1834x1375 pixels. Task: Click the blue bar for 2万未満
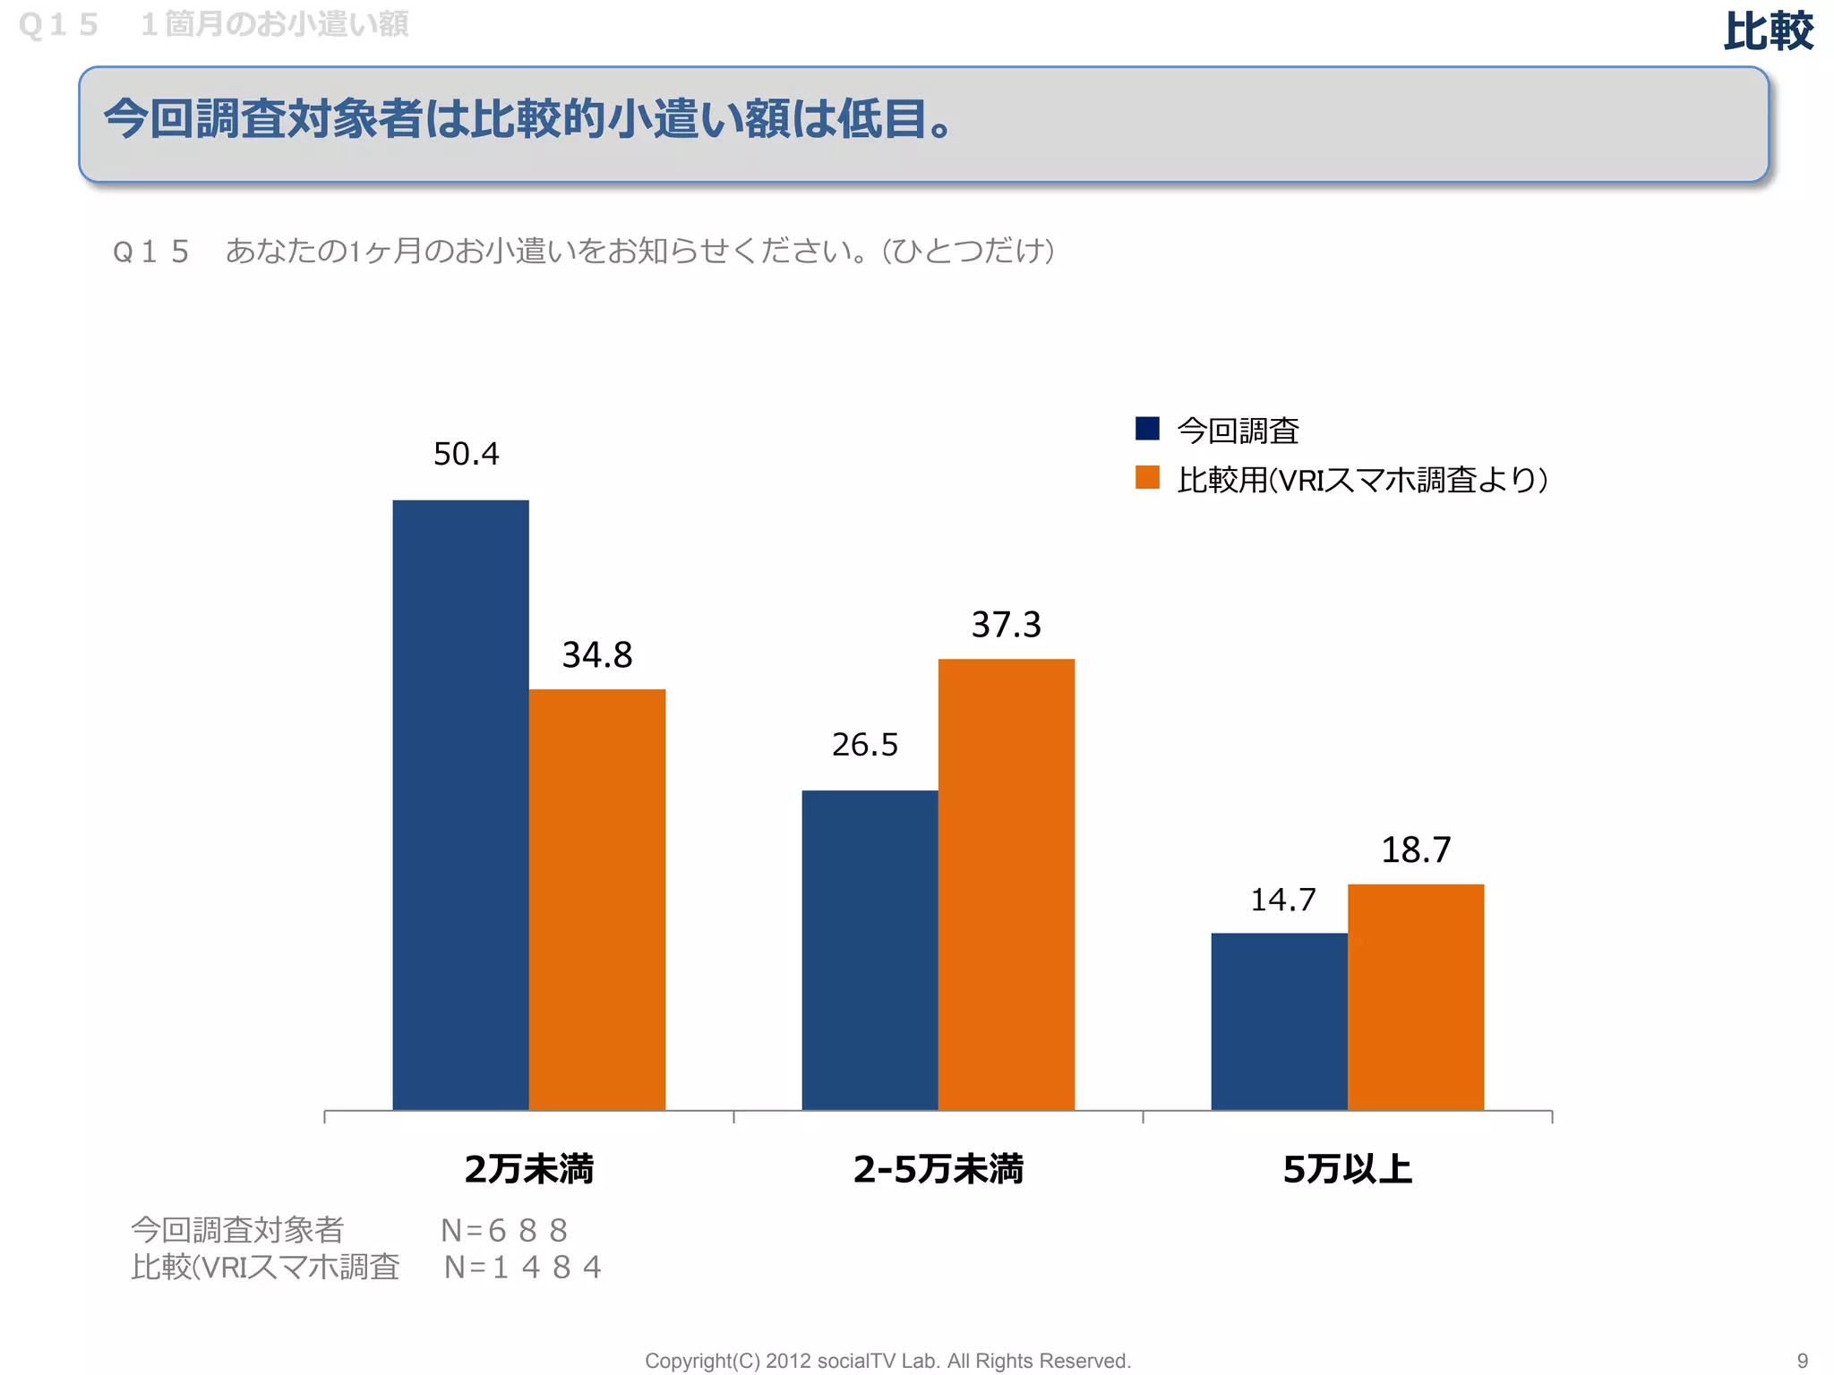click(x=460, y=805)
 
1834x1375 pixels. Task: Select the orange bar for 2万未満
click(x=597, y=899)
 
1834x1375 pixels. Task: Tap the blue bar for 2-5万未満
click(x=870, y=950)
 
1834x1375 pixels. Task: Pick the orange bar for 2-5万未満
click(x=1006, y=884)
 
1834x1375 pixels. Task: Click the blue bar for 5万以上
click(x=1279, y=1021)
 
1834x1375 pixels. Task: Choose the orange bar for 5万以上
click(x=1415, y=996)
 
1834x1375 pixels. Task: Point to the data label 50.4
click(x=466, y=454)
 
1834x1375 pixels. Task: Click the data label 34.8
click(x=597, y=655)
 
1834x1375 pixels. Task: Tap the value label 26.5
click(x=864, y=745)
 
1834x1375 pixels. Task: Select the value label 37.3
click(x=1006, y=625)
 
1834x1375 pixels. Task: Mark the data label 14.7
click(x=1282, y=900)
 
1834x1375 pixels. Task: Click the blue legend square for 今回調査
click(x=1147, y=429)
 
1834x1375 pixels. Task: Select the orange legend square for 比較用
click(x=1147, y=478)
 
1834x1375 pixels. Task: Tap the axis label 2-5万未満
click(x=938, y=1169)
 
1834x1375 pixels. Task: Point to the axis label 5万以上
click(x=1347, y=1169)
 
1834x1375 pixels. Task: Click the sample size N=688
click(x=504, y=1231)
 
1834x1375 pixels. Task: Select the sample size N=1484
click(x=522, y=1268)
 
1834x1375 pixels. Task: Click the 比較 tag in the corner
click(x=1768, y=32)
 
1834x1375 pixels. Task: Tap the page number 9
click(x=1803, y=1361)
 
